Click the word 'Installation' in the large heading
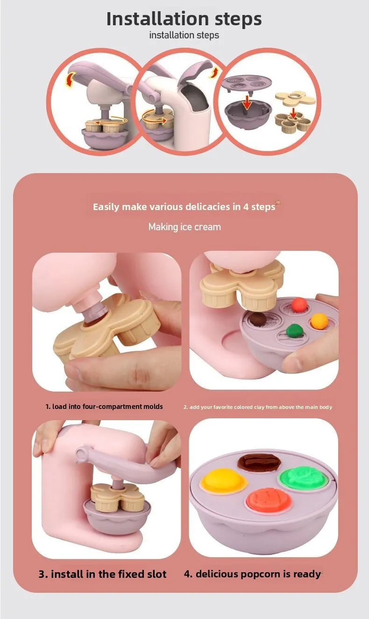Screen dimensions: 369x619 [157, 19]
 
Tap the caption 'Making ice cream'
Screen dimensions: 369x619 [184, 227]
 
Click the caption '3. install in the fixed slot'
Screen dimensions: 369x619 [103, 574]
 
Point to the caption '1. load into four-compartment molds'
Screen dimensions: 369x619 [104, 407]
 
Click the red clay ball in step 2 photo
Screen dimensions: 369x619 [299, 305]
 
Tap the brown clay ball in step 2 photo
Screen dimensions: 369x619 [258, 319]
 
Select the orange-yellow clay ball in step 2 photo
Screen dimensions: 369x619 [319, 321]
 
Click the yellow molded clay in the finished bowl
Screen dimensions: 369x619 [223, 481]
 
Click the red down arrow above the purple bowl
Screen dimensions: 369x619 [247, 102]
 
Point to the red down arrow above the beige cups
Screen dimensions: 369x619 [293, 113]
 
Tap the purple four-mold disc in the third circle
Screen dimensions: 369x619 [246, 83]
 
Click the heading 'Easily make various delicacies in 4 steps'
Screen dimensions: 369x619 [184, 207]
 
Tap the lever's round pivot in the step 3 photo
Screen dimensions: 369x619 [82, 454]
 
